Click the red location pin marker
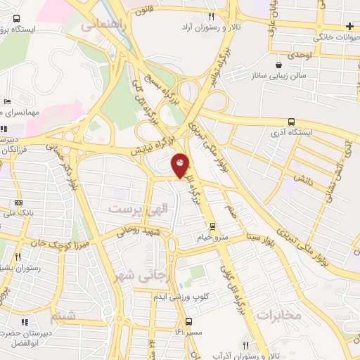(x=181, y=165)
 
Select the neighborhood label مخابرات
(x=279, y=314)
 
